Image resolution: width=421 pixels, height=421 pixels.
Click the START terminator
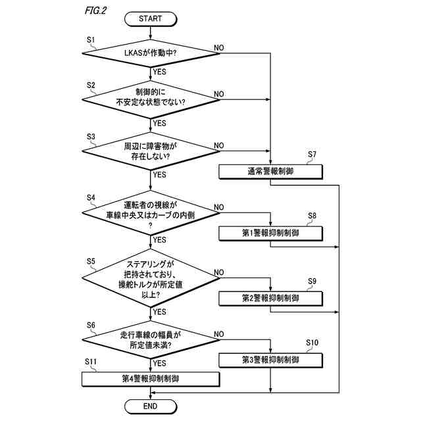click(151, 19)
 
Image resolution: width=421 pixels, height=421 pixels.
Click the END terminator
click(151, 407)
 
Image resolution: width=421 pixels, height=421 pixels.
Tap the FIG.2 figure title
click(96, 11)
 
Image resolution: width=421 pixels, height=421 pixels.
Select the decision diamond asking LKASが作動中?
click(151, 53)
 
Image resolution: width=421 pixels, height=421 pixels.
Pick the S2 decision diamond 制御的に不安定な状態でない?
click(151, 99)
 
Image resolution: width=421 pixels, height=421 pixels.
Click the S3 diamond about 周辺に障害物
click(151, 151)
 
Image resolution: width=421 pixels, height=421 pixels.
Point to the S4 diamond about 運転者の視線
click(151, 213)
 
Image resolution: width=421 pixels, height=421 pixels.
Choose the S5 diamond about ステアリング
click(151, 278)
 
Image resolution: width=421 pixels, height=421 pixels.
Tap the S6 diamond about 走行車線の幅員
click(151, 339)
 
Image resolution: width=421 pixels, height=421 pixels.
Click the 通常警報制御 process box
click(270, 172)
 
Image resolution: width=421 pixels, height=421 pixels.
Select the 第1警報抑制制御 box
click(270, 234)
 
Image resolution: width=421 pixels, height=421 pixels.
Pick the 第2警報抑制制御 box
click(270, 298)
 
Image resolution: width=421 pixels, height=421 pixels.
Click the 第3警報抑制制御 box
click(270, 360)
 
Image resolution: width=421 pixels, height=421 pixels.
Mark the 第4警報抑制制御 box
click(151, 379)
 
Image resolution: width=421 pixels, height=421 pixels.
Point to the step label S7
click(312, 155)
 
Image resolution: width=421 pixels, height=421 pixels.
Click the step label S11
click(91, 362)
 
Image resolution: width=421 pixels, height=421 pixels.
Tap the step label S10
click(312, 343)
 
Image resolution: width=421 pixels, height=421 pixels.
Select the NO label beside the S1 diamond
click(219, 48)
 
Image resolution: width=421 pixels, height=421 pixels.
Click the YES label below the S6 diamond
click(159, 364)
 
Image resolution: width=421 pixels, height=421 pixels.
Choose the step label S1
click(91, 40)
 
